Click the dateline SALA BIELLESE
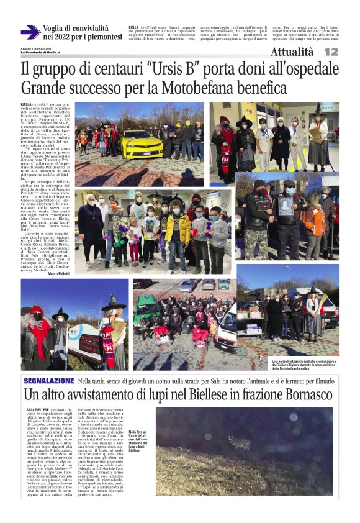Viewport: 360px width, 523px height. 38,411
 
